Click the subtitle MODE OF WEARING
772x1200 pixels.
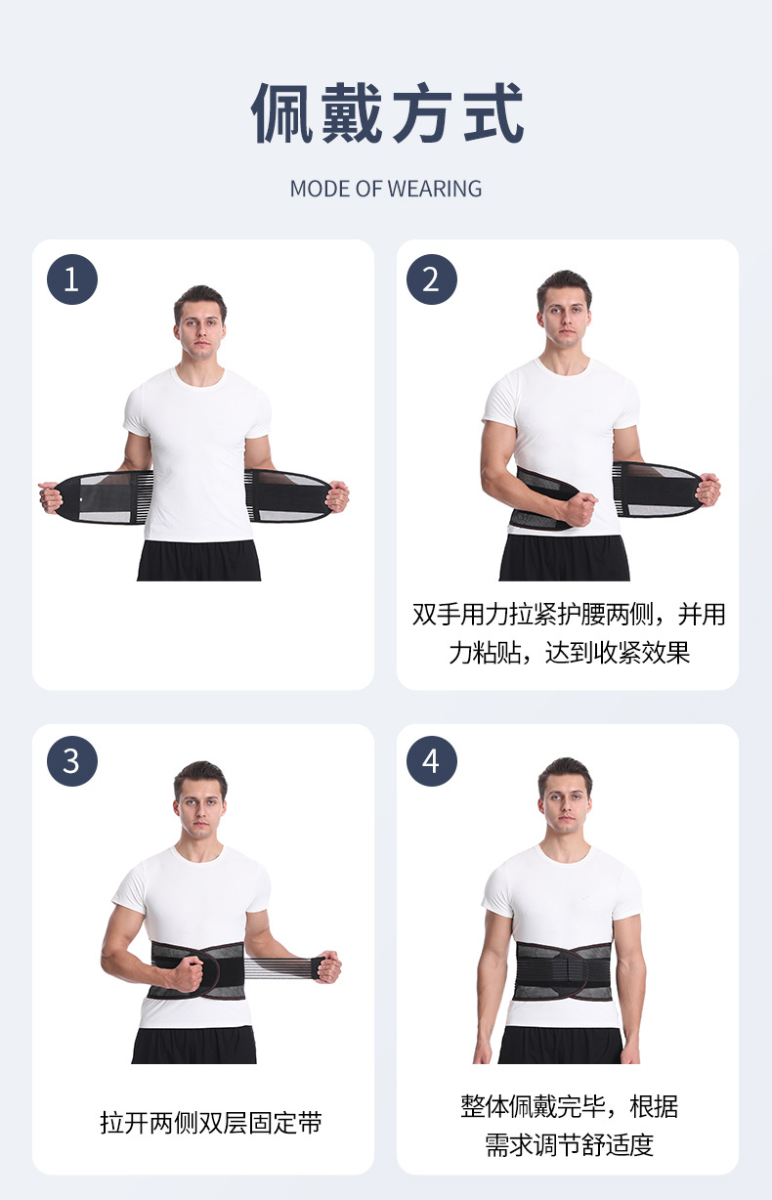point(386,189)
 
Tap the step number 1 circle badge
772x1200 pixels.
point(71,279)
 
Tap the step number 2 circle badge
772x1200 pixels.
point(431,279)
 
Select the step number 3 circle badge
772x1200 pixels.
point(71,761)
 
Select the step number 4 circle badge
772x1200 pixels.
point(431,761)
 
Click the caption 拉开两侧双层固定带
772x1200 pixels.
point(210,1123)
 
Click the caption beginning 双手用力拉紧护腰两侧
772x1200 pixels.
point(569,615)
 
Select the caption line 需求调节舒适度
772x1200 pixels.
point(569,1144)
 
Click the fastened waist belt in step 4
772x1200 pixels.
point(564,972)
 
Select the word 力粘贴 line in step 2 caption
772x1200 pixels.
point(569,653)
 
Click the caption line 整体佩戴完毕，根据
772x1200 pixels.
point(569,1106)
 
